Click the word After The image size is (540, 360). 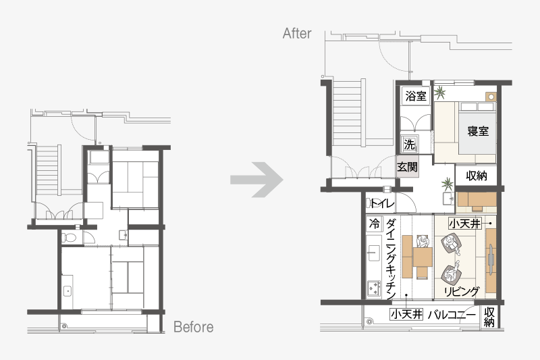pyautogui.click(x=297, y=33)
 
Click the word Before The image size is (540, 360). pyautogui.click(x=194, y=327)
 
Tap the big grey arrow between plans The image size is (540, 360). pyautogui.click(x=257, y=180)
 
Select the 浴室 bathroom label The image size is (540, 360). pyautogui.click(x=416, y=96)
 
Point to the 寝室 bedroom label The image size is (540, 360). pyautogui.click(x=478, y=131)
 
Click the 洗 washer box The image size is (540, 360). pyautogui.click(x=410, y=145)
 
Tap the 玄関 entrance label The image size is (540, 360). pyautogui.click(x=408, y=167)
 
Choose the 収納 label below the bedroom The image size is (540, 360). pyautogui.click(x=477, y=176)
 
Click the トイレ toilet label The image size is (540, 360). pyautogui.click(x=382, y=203)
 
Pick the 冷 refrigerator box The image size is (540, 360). pyautogui.click(x=375, y=224)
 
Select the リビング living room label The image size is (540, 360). pyautogui.click(x=462, y=292)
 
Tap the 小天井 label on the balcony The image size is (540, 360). pyautogui.click(x=406, y=314)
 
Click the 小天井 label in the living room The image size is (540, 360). pyautogui.click(x=464, y=224)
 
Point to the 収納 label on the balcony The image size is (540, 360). pyautogui.click(x=489, y=317)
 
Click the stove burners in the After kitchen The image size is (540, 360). pyautogui.click(x=374, y=288)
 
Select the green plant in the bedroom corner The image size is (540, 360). pyautogui.click(x=439, y=93)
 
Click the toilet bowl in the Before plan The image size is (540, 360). pyautogui.click(x=70, y=238)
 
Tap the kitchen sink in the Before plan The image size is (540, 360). pyautogui.click(x=67, y=292)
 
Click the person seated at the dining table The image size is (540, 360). pyautogui.click(x=423, y=241)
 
